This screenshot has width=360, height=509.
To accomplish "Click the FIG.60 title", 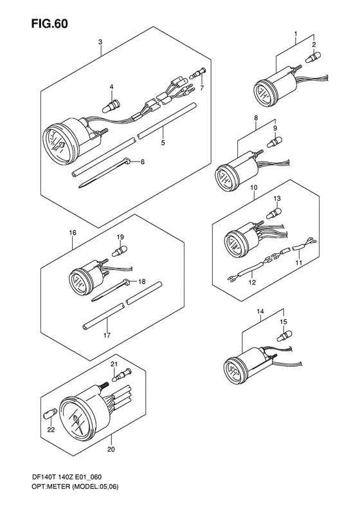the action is [x=50, y=24].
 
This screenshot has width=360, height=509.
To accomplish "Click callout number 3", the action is [x=100, y=42].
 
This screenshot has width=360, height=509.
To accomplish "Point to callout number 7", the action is [x=202, y=88].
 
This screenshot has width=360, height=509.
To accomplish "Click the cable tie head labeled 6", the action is [x=128, y=160].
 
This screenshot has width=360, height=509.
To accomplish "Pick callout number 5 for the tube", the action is [x=163, y=142].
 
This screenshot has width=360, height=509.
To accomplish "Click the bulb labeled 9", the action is [x=274, y=141].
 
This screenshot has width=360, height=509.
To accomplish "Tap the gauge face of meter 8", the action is [x=224, y=178].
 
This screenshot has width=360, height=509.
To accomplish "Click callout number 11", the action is [x=298, y=262].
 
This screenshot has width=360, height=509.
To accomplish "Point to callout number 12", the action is [x=252, y=282].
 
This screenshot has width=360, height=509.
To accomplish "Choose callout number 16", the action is [x=73, y=232].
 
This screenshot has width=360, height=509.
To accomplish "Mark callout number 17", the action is [x=107, y=335].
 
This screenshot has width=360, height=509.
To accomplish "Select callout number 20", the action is [x=111, y=450].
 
